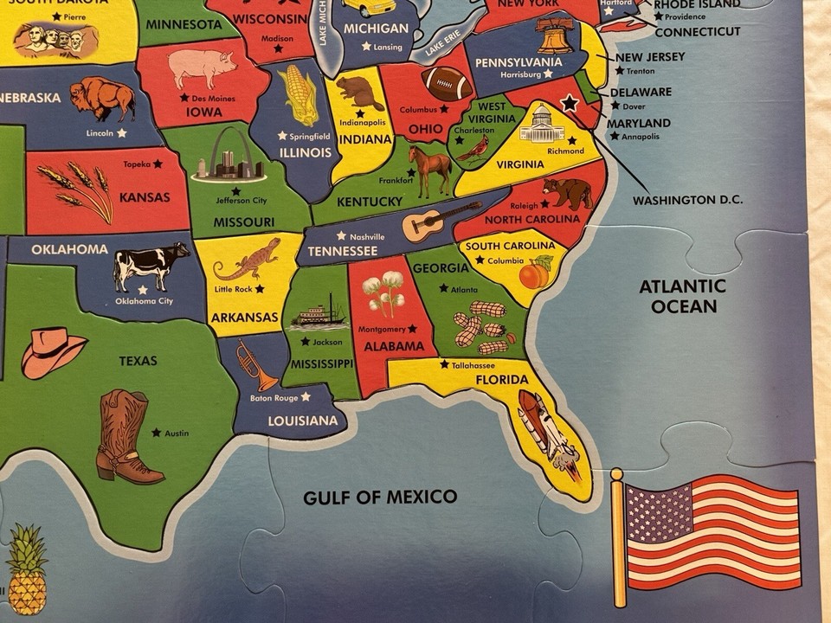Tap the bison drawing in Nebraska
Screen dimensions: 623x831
tap(101, 97)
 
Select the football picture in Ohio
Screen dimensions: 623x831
tap(447, 83)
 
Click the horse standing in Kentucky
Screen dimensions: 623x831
tap(430, 169)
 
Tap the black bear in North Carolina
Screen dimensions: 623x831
tap(568, 193)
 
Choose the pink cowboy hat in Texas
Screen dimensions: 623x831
tap(53, 350)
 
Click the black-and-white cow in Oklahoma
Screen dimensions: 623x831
tap(151, 265)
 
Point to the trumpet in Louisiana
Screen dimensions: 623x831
tap(256, 365)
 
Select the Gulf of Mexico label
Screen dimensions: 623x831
tap(379, 497)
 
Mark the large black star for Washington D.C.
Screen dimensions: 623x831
tap(570, 103)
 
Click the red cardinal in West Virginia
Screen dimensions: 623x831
tap(473, 148)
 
